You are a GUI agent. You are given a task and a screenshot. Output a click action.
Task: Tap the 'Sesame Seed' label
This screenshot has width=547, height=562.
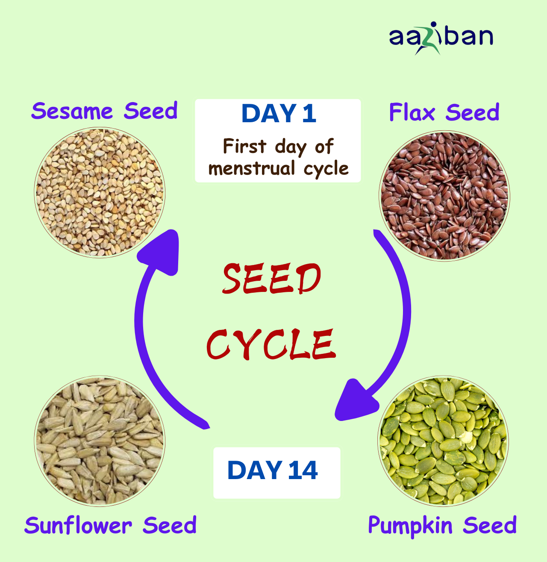click(104, 111)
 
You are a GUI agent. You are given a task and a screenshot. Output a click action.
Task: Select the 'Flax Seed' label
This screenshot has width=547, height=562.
click(444, 113)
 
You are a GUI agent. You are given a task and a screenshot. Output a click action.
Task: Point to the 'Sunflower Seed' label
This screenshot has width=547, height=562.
click(110, 525)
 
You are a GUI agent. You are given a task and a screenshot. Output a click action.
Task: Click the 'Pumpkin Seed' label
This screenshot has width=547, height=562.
click(442, 525)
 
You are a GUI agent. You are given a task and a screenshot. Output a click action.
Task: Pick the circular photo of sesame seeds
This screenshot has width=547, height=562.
click(100, 193)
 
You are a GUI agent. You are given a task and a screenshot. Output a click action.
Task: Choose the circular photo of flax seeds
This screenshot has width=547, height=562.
click(444, 196)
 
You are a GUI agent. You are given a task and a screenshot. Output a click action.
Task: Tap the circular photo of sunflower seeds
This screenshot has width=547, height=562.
click(100, 441)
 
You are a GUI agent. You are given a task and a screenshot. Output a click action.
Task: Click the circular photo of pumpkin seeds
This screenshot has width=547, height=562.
click(443, 441)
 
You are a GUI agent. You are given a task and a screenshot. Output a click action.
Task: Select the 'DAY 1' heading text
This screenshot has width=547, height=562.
click(279, 114)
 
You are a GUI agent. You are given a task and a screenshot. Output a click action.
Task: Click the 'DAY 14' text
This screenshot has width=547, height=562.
click(273, 471)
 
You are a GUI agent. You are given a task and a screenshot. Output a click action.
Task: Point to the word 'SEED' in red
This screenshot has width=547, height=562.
click(271, 279)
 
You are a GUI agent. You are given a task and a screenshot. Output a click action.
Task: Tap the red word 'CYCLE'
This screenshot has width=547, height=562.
click(271, 344)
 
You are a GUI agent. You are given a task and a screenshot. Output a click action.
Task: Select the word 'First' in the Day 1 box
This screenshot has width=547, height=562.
click(244, 147)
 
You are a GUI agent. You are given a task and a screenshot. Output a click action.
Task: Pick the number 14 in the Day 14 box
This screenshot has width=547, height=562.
click(303, 471)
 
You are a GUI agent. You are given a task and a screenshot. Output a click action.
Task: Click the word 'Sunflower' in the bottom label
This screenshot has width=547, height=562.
click(78, 525)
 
